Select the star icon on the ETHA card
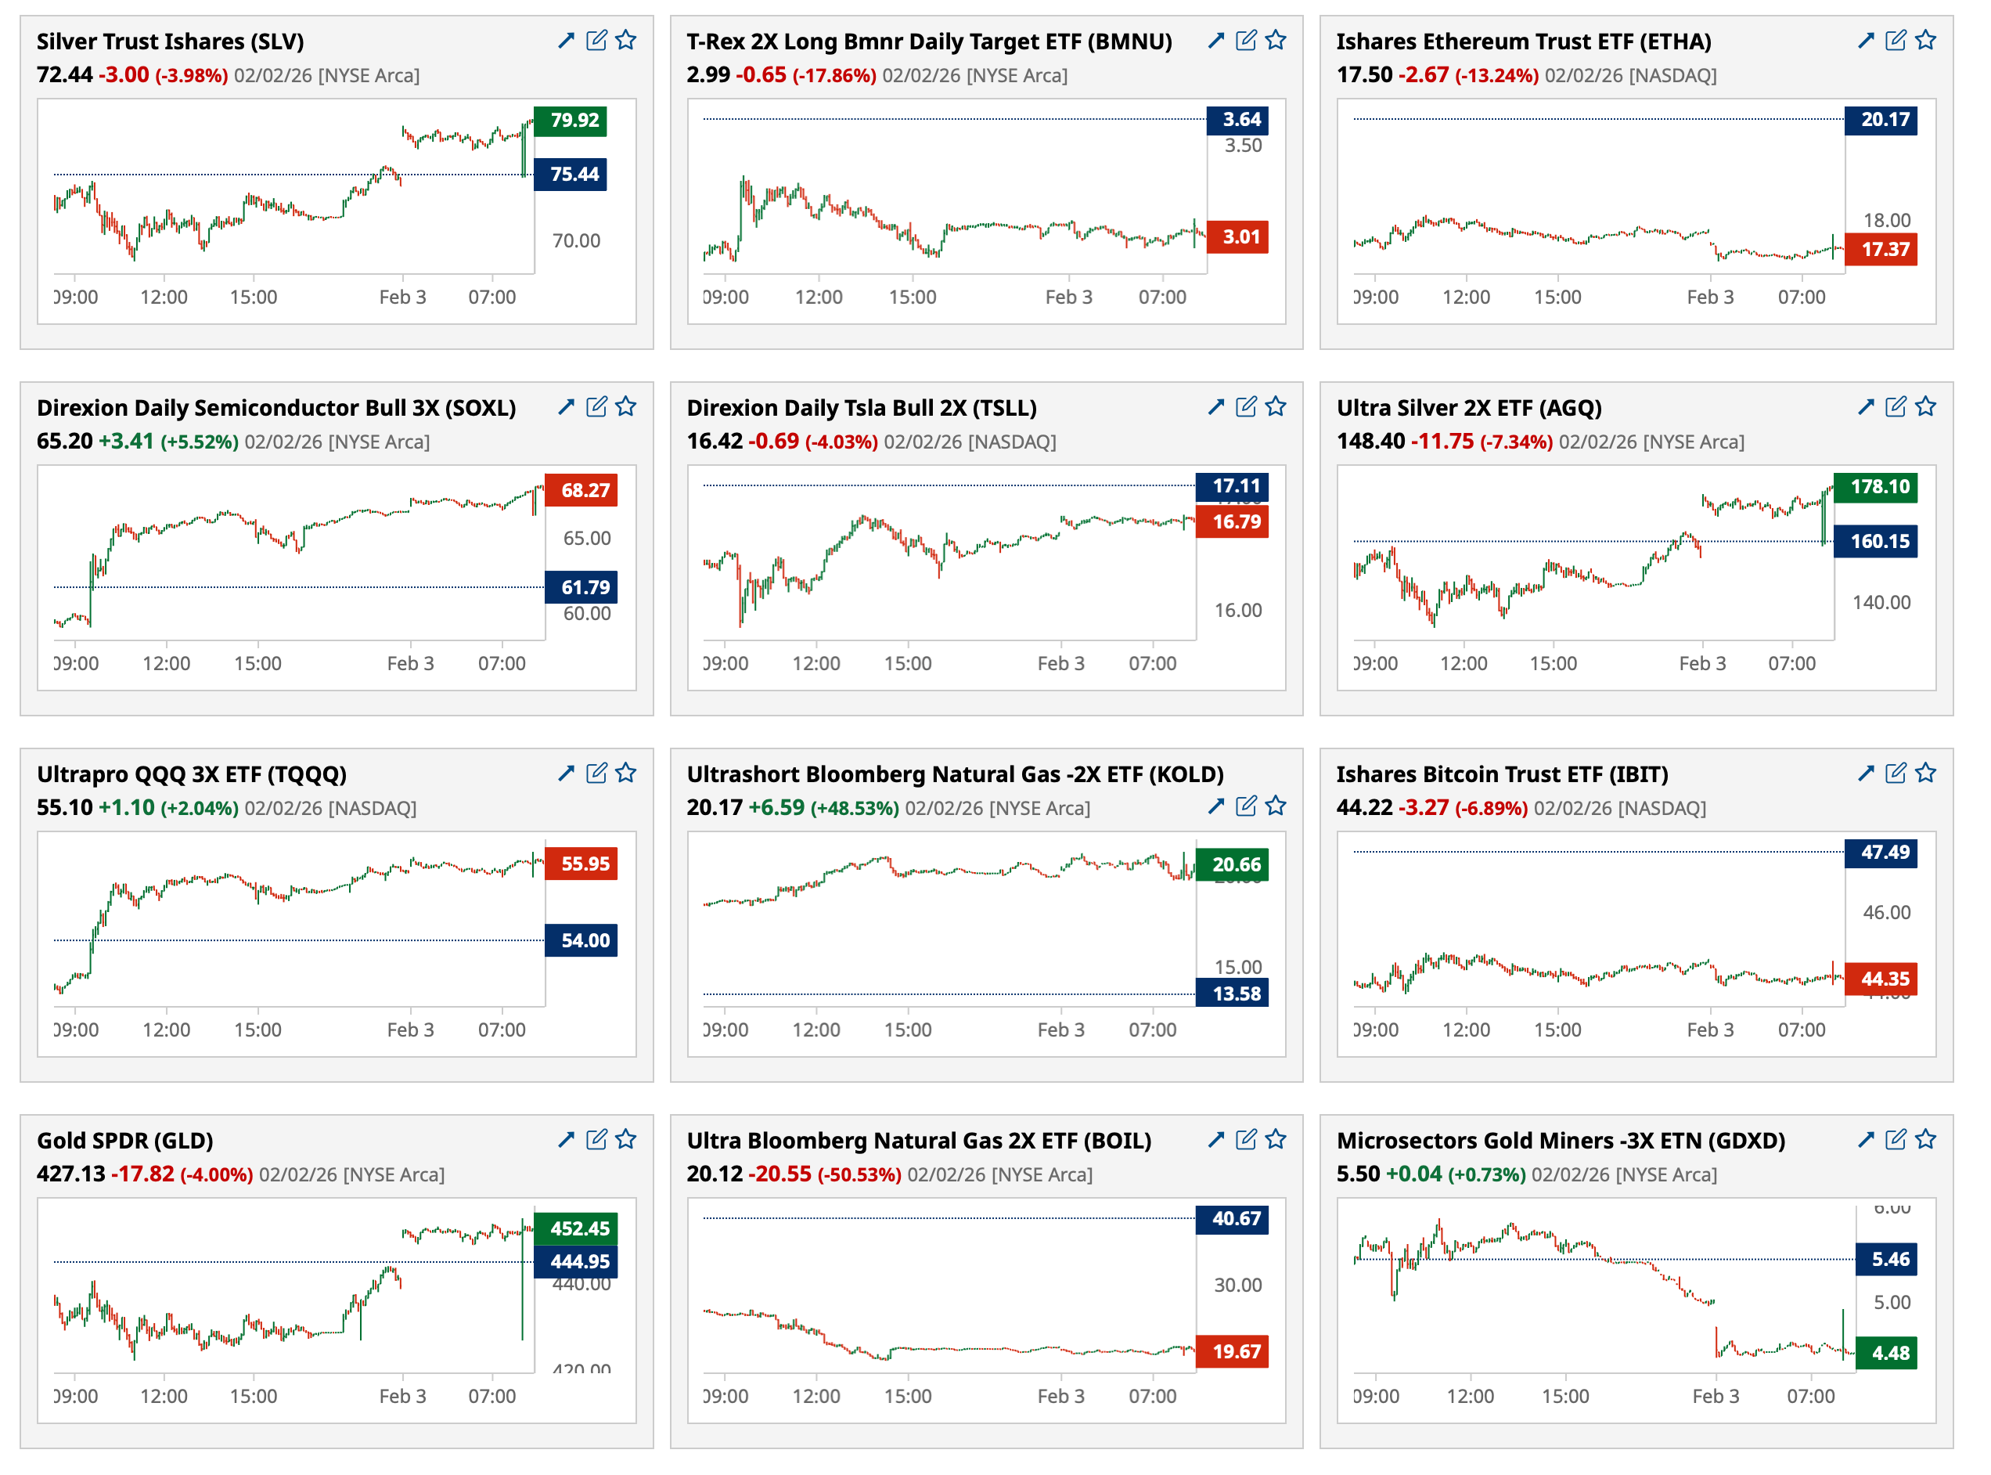click(x=1926, y=40)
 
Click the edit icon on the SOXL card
click(x=596, y=406)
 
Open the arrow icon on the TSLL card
click(x=1215, y=406)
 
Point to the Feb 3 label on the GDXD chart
click(x=1716, y=1397)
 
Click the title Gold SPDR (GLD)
click(x=125, y=1140)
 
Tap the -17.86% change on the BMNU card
click(x=833, y=75)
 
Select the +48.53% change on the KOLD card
click(x=854, y=808)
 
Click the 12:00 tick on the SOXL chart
click(x=166, y=663)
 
